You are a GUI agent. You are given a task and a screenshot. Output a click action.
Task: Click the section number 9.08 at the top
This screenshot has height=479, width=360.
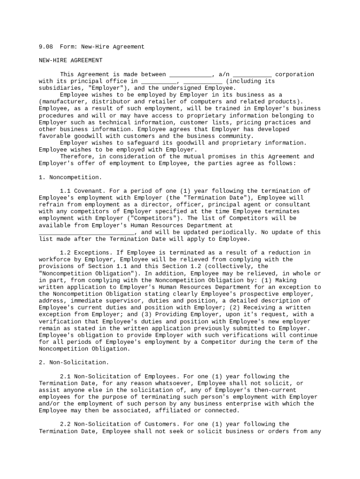coord(46,47)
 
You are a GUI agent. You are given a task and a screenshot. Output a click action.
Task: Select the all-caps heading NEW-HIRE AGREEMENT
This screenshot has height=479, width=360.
coord(70,60)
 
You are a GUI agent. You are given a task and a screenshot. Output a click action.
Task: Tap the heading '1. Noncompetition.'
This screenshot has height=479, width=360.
coord(70,177)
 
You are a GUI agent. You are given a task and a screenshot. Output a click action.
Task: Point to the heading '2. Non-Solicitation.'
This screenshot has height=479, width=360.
coord(73,363)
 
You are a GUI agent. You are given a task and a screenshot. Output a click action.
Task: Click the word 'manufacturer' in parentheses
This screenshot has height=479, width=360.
coord(63,102)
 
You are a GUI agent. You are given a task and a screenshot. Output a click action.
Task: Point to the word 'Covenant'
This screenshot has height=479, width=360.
coord(88,191)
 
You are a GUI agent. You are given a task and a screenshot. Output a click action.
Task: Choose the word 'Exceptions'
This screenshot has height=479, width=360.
coord(92,253)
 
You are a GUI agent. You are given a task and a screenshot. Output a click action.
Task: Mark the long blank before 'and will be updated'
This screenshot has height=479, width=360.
coord(86,232)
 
